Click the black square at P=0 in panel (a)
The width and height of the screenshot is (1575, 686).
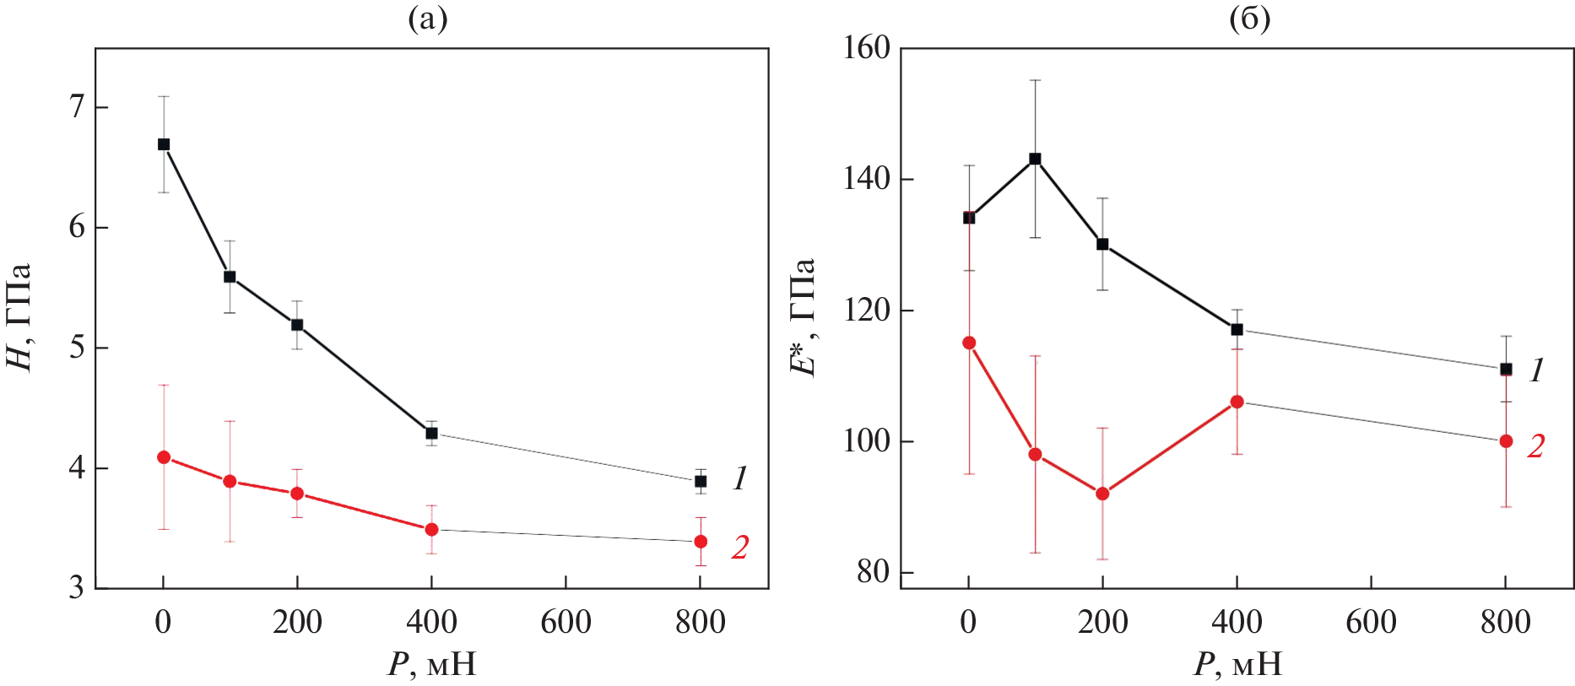pyautogui.click(x=164, y=144)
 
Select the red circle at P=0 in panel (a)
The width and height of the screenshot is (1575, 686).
pyautogui.click(x=164, y=457)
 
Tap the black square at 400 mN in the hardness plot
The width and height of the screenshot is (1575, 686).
pyautogui.click(x=431, y=433)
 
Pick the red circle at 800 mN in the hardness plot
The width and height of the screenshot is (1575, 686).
pyautogui.click(x=701, y=541)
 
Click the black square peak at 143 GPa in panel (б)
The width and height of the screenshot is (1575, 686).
pyautogui.click(x=1035, y=159)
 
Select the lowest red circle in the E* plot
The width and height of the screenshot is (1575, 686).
pyautogui.click(x=1102, y=494)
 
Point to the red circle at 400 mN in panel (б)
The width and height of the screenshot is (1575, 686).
pyautogui.click(x=1237, y=402)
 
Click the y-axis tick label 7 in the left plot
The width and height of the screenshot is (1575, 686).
pyautogui.click(x=77, y=107)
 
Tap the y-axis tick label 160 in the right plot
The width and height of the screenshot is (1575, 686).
pyautogui.click(x=867, y=48)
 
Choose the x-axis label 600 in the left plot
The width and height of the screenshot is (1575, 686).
pyautogui.click(x=566, y=623)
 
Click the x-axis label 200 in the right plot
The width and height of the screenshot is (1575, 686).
pyautogui.click(x=1102, y=623)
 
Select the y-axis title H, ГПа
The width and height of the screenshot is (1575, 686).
pyautogui.click(x=19, y=316)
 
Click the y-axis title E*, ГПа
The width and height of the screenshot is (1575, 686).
pyautogui.click(x=803, y=316)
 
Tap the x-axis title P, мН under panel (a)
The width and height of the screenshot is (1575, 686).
pyautogui.click(x=431, y=665)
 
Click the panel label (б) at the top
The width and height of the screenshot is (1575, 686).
pyautogui.click(x=1249, y=19)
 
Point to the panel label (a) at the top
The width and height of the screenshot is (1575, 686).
pyautogui.click(x=427, y=19)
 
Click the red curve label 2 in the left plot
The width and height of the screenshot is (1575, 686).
pyautogui.click(x=739, y=548)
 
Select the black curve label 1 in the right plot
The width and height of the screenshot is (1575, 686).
pyautogui.click(x=1537, y=370)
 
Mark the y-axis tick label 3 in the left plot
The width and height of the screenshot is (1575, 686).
pyautogui.click(x=77, y=587)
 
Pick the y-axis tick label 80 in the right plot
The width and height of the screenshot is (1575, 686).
pyautogui.click(x=873, y=572)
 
